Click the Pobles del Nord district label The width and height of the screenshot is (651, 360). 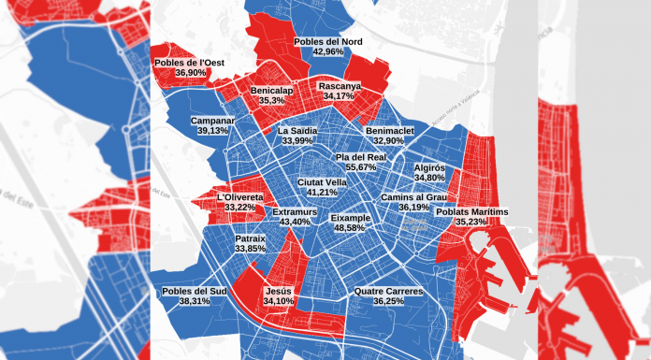[x=327, y=42]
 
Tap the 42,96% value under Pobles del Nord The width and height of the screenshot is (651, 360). [x=327, y=53]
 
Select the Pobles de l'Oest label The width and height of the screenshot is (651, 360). [x=191, y=62]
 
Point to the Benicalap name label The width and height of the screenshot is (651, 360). [x=272, y=90]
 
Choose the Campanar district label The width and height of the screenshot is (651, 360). [x=212, y=121]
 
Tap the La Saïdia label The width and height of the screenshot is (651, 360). [x=297, y=131]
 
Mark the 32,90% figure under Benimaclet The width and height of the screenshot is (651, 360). [x=390, y=141]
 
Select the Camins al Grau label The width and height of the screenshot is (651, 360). [x=413, y=197]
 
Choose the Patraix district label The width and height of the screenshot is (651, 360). [x=251, y=238]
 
